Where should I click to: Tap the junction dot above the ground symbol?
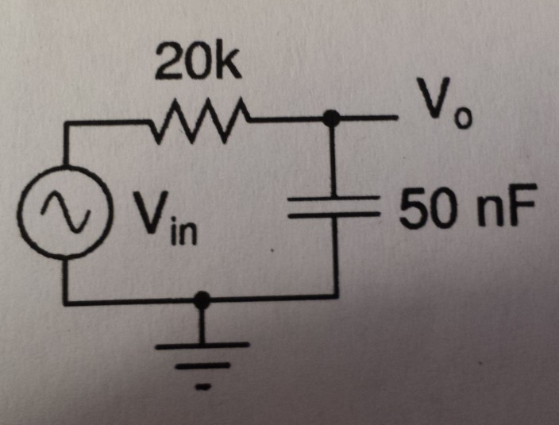[x=204, y=299]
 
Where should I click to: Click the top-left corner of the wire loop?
[x=67, y=124]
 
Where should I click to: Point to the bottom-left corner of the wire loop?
[x=67, y=301]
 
